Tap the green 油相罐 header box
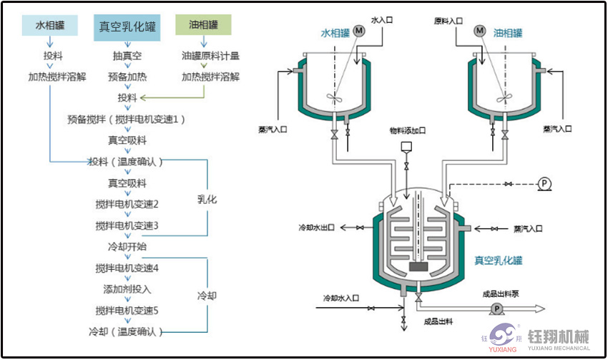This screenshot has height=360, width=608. [204, 24]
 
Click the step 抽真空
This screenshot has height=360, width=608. [128, 55]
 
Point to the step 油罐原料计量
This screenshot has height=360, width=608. [210, 55]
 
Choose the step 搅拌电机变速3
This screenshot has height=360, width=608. [127, 225]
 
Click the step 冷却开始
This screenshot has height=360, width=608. [127, 246]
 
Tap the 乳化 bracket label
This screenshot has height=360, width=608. [207, 199]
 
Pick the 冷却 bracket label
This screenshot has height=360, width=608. [207, 295]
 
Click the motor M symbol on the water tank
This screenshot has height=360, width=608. [360, 31]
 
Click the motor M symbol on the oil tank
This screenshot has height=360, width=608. [480, 31]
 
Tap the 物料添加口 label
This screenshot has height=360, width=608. [407, 131]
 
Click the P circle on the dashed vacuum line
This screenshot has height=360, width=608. [544, 184]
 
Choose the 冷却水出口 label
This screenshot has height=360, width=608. [317, 228]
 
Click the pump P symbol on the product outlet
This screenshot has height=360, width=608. [495, 308]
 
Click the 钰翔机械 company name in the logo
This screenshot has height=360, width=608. [558, 335]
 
